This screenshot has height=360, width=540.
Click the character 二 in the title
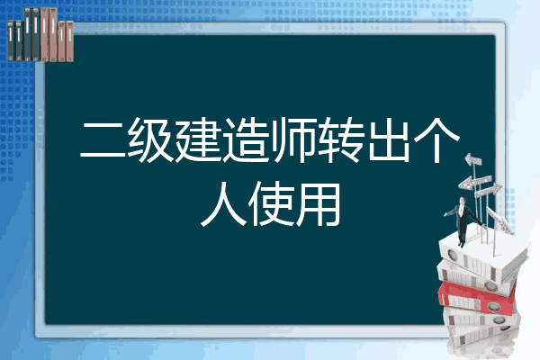103,139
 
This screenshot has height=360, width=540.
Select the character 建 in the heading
198,139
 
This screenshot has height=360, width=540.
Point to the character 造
246,139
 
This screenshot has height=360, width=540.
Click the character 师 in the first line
293,139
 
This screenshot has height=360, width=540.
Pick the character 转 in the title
341,139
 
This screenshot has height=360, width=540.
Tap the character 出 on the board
389,139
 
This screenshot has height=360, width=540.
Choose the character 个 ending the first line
436,139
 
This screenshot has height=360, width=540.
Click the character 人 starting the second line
223,205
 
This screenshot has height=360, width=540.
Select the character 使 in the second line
271,205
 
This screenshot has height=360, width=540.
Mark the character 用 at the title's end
319,205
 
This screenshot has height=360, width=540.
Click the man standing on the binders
463,220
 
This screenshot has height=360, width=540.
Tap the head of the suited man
463,200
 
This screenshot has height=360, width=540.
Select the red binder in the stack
477,298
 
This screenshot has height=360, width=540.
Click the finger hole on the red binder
493,307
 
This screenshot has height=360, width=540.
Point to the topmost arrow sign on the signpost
473,159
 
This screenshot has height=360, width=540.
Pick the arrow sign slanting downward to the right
499,220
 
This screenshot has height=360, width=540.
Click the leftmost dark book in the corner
11,40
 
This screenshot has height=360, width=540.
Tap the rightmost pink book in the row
69,41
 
